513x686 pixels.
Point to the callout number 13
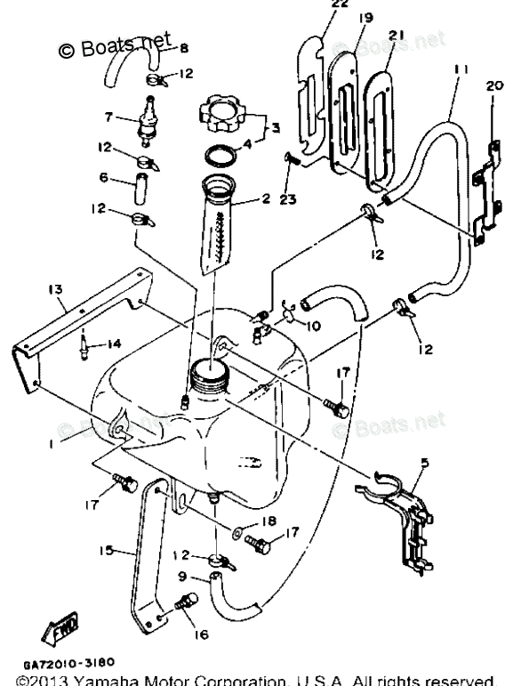tap(55, 288)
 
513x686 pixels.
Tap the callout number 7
tap(108, 117)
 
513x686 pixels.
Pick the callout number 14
tap(115, 344)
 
